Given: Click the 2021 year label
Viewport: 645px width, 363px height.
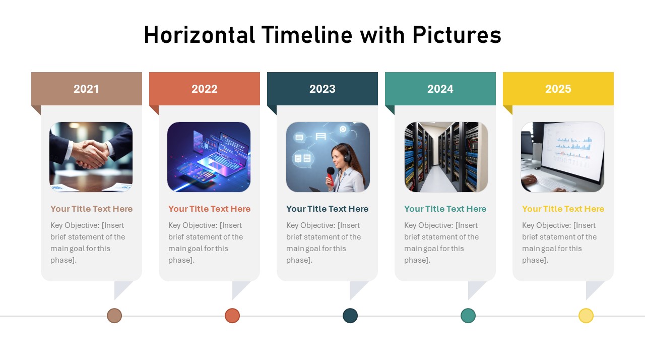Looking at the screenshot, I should [86, 89].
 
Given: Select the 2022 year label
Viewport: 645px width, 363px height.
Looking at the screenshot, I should [204, 89].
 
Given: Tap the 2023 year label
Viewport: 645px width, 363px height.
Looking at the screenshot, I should [322, 89].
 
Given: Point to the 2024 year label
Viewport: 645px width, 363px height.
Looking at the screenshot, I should [440, 89].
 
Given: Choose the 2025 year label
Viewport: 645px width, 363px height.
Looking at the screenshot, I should [558, 89].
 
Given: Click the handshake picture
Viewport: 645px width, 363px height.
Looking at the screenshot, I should [91, 156].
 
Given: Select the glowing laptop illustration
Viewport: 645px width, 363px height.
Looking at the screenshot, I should [209, 156].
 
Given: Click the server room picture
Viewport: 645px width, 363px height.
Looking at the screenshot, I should [446, 156].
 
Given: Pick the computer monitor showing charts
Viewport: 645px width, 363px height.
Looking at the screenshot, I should [572, 151].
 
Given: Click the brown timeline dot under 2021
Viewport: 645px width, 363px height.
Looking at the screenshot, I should [114, 316].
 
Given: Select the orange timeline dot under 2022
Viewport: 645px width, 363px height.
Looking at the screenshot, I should [232, 316].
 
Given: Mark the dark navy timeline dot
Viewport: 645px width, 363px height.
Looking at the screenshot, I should [350, 316].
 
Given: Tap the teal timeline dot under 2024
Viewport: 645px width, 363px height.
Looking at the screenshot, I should [468, 316].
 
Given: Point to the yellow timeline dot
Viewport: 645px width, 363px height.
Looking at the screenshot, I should [586, 316].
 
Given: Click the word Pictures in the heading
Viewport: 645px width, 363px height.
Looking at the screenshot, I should [457, 35].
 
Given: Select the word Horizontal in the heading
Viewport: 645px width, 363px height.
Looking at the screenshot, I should [199, 35].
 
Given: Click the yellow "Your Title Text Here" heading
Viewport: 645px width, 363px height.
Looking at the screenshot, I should [563, 209].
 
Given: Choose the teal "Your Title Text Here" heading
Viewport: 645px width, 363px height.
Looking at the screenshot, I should [445, 209].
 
